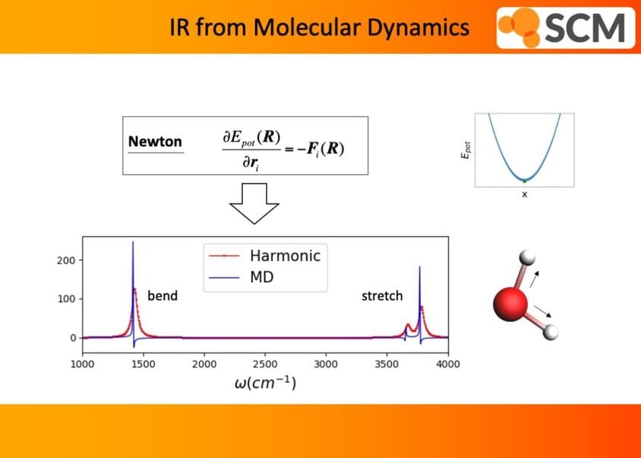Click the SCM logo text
(x=585, y=28)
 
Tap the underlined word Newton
(x=155, y=141)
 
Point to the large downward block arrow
(x=254, y=204)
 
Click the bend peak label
(x=163, y=295)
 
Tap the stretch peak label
(x=382, y=295)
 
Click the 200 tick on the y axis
(x=66, y=261)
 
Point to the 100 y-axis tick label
(x=66, y=299)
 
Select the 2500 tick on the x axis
(x=265, y=364)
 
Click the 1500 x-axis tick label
(x=143, y=364)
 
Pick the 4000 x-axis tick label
(x=447, y=364)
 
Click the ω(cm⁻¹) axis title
(x=265, y=383)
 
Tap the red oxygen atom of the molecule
(x=510, y=304)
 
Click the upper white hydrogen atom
(x=527, y=258)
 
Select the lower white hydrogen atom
(x=551, y=332)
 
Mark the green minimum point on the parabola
(x=525, y=181)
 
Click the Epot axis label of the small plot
(x=466, y=150)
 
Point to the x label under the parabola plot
(x=525, y=194)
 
